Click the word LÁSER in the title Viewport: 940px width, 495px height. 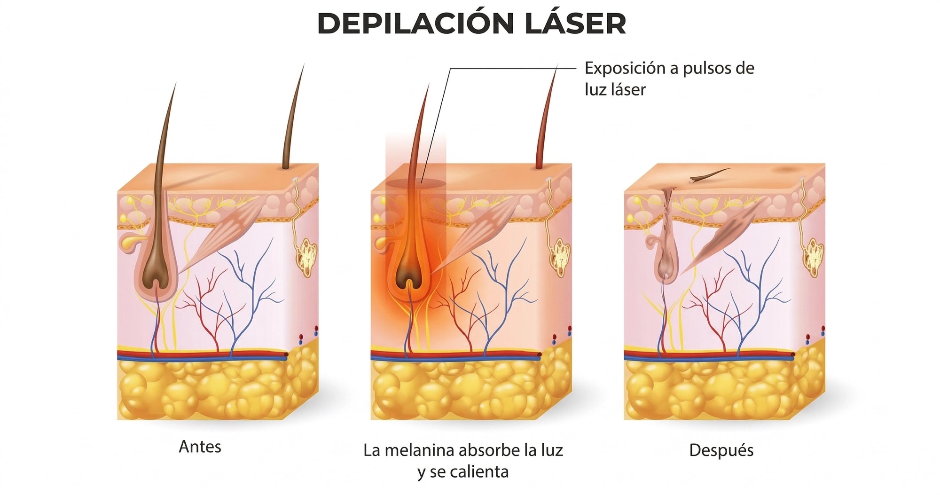pos(575,23)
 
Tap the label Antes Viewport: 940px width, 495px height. pos(200,447)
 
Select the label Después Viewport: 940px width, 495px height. pos(721,450)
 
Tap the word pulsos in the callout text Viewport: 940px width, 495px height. pos(706,69)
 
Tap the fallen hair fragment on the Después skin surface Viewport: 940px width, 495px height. pos(710,174)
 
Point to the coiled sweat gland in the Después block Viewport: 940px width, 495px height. pos(813,257)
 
